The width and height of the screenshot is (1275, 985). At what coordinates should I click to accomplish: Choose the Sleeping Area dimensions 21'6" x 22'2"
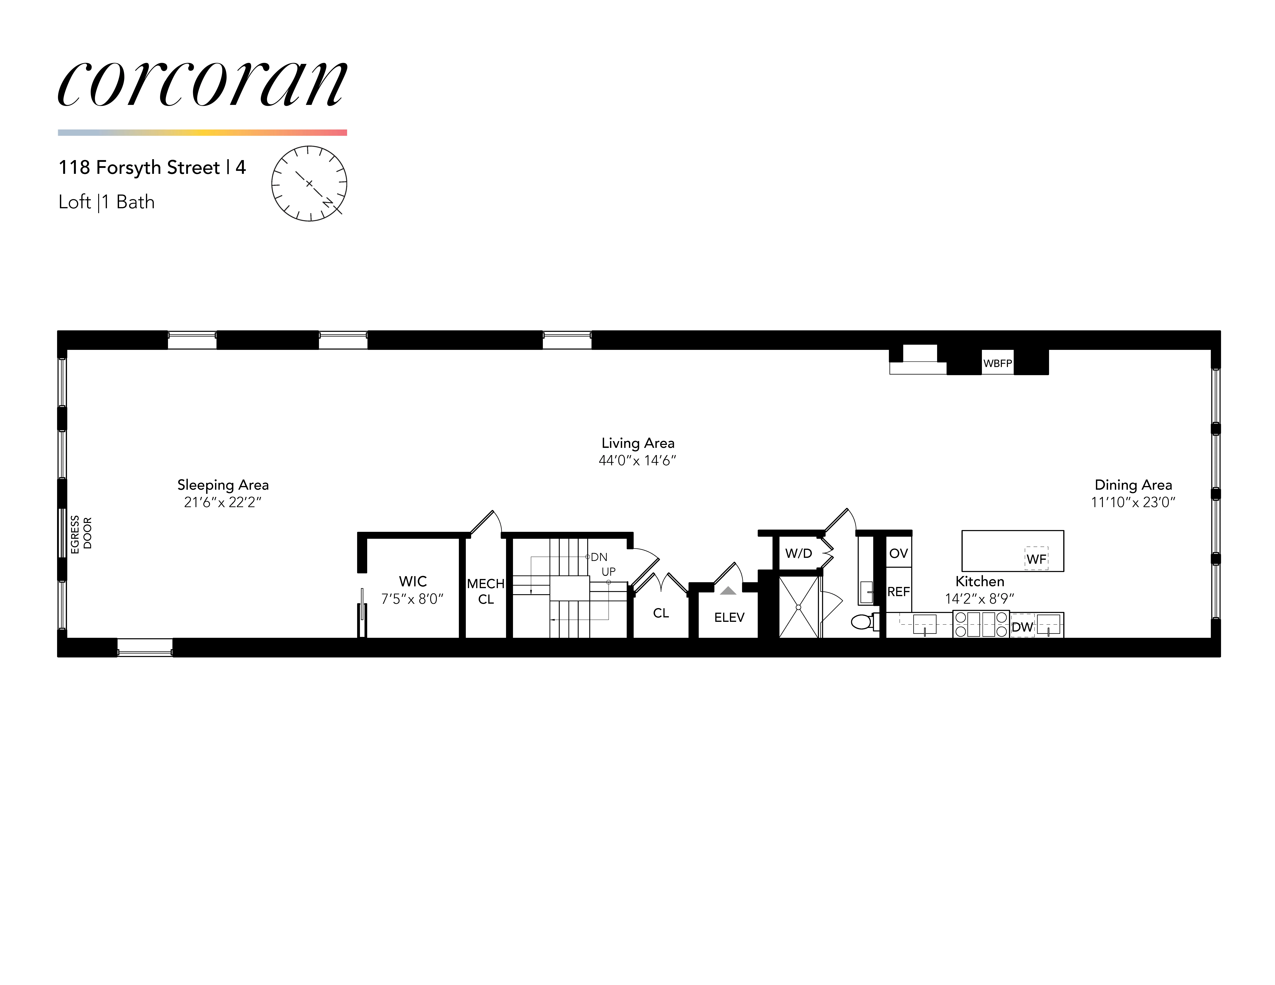click(222, 502)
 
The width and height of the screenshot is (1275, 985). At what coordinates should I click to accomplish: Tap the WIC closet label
click(413, 581)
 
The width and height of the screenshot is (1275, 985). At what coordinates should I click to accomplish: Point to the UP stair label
click(608, 571)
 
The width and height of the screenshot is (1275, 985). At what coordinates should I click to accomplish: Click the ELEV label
click(729, 617)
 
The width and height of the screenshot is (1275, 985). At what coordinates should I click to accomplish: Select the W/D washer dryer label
click(798, 553)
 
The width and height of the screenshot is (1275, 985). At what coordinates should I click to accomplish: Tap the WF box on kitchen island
click(1036, 558)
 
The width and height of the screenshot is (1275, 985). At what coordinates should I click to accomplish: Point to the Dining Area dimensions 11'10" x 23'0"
click(1133, 502)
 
